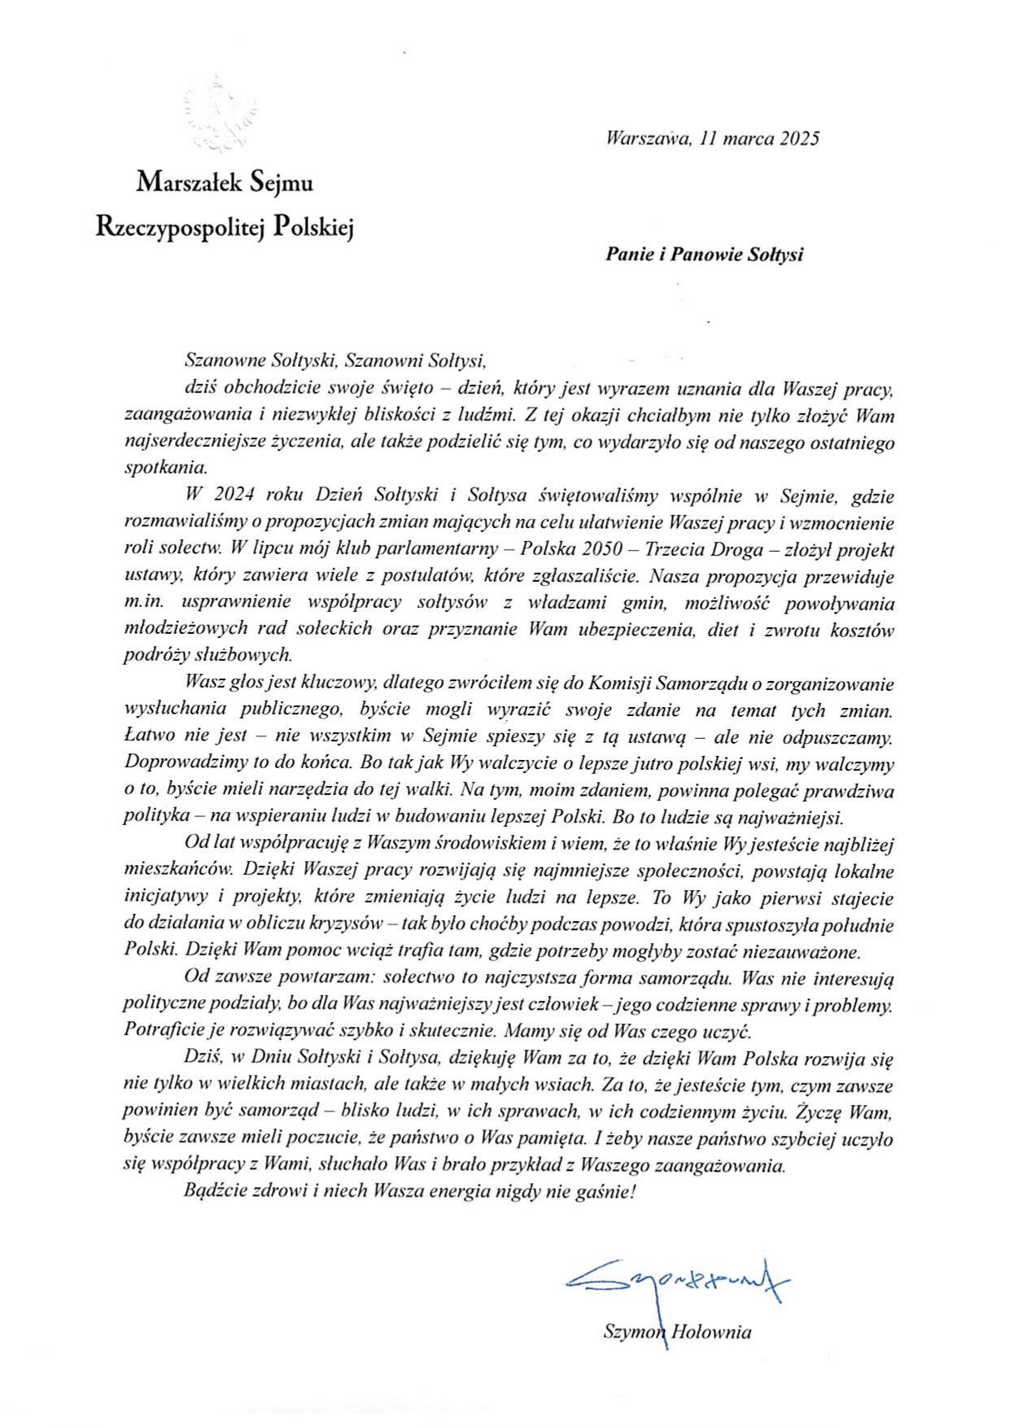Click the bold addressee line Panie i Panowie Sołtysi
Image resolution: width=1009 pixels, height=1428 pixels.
pyautogui.click(x=704, y=255)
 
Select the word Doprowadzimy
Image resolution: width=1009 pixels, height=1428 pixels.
pyautogui.click(x=179, y=764)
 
